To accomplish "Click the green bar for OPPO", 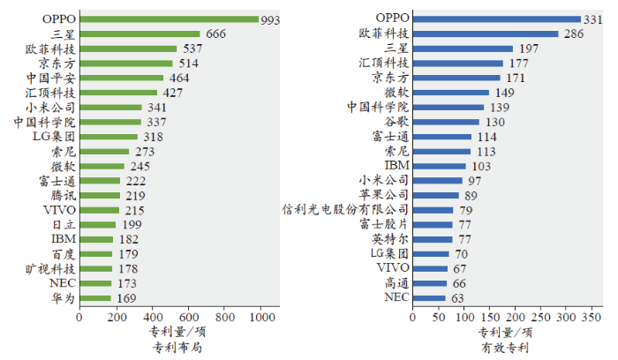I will pos(169,19).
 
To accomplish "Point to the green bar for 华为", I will pos(94,298).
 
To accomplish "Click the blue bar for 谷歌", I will pos(446,122).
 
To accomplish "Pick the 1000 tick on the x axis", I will pos(260,316).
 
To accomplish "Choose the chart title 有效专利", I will pos(504,348).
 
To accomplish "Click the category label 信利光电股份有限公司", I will pos(345,210).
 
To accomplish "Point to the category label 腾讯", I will pos(62,195).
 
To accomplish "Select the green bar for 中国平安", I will pos(121,78).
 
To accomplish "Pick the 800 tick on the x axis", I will pos(224,316).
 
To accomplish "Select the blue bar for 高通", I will pos(429,283).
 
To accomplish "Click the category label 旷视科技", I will pos(50,268).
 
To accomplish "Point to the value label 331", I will pos(594,19).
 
